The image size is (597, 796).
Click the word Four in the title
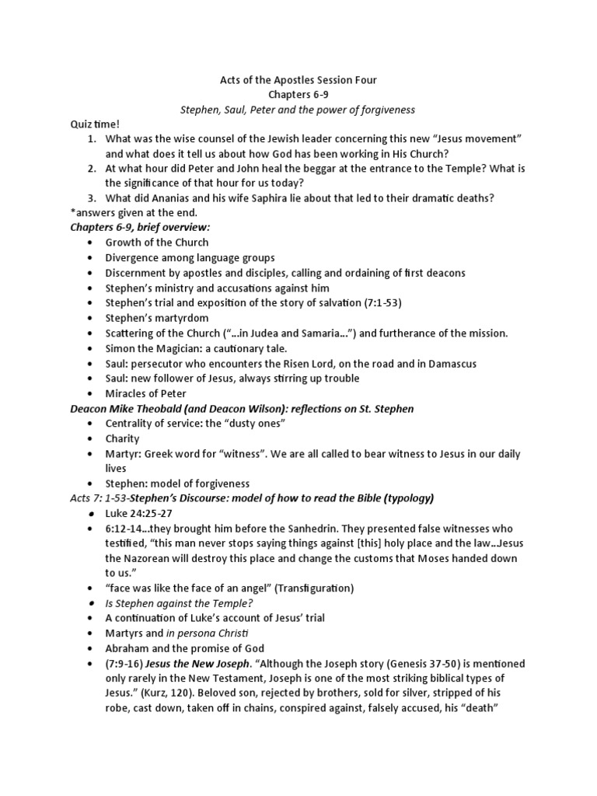364,79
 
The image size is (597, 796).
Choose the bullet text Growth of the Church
157,243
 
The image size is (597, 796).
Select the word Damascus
451,363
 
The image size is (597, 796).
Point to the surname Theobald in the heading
160,409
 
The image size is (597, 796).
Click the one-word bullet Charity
123,438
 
